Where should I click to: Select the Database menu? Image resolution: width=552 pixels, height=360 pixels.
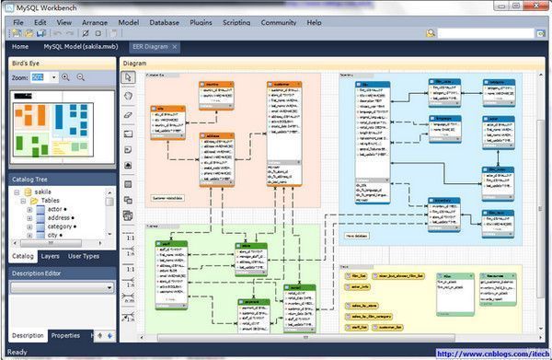164,20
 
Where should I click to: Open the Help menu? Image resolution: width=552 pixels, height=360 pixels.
315,20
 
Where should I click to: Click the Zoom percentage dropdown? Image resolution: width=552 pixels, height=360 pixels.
43,77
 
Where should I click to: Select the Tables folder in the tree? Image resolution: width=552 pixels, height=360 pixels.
53,201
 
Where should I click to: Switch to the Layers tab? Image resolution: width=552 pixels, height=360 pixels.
51,256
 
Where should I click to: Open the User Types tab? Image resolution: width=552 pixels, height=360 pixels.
85,256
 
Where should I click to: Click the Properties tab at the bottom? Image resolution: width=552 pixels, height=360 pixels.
65,335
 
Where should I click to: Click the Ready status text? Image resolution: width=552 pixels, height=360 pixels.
17,352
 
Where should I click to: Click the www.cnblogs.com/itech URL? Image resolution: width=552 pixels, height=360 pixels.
491,353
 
